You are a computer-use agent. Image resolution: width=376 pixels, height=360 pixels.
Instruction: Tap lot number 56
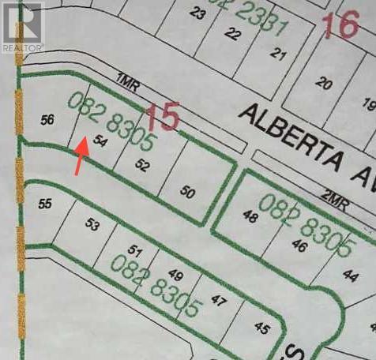[x=47, y=119]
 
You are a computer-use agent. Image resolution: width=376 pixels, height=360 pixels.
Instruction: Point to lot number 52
[x=142, y=164]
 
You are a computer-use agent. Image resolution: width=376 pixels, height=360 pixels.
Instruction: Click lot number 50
[x=187, y=191]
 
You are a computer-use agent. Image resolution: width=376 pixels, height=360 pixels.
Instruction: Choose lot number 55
[x=45, y=203]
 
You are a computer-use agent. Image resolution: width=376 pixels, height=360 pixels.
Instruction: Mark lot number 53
[x=92, y=226]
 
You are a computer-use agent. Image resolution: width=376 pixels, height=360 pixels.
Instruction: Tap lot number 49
[x=175, y=276]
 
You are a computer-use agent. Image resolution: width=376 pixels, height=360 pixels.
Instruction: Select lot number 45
[x=262, y=328]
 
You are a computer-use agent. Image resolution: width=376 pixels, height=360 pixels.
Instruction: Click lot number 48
[x=250, y=216]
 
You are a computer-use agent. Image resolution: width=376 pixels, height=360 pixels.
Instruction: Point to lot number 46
[x=299, y=245]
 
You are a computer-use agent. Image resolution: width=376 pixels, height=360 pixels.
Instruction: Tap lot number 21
[x=277, y=54]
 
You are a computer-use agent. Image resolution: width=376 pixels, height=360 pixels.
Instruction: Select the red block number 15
[x=163, y=118]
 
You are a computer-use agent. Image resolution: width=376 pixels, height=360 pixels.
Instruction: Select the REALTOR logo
[x=23, y=27]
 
